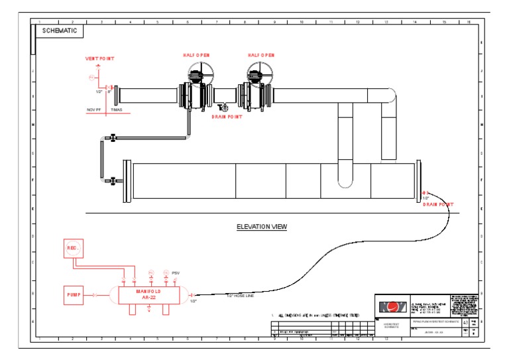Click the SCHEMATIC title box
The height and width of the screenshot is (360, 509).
click(x=59, y=30)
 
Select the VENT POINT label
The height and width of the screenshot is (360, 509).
click(x=99, y=58)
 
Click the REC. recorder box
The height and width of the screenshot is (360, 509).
click(x=73, y=249)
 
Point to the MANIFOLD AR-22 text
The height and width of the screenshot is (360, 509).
click(x=148, y=294)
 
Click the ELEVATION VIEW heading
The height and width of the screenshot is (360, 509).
click(x=262, y=227)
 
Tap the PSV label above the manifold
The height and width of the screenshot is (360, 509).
click(x=176, y=272)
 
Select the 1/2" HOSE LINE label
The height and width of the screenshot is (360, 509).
click(x=241, y=296)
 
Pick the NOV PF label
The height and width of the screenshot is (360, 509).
click(x=93, y=109)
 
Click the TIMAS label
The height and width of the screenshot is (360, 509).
click(x=116, y=109)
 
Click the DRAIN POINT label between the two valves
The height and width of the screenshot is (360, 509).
click(x=226, y=117)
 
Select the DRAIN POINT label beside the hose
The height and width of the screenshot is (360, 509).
click(x=439, y=204)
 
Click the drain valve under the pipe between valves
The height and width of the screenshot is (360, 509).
click(x=221, y=107)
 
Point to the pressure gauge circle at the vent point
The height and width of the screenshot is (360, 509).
click(x=92, y=78)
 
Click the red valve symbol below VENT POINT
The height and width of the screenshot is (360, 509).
click(x=107, y=88)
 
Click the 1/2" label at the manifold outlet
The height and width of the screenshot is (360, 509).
click(x=194, y=301)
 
